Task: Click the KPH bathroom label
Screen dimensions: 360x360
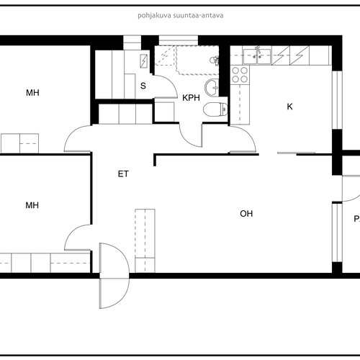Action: point(191,98)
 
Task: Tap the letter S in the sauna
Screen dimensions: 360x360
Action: point(143,86)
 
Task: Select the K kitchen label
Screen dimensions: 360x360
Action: point(290,107)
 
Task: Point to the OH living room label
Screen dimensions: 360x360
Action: point(246,214)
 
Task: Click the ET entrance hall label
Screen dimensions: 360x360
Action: point(123,174)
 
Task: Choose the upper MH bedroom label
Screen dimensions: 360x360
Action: point(32,93)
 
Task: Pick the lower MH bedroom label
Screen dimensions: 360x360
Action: point(32,205)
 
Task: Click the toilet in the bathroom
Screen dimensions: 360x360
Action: point(215,109)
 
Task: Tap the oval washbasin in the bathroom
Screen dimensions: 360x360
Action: point(212,87)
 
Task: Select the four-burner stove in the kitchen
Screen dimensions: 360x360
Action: point(240,75)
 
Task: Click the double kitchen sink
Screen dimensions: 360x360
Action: point(257,56)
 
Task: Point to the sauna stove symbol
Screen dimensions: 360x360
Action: point(144,61)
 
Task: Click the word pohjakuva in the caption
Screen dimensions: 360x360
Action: point(154,16)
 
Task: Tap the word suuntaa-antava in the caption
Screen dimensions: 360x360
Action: point(198,16)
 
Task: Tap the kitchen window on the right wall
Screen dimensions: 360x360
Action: point(337,100)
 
